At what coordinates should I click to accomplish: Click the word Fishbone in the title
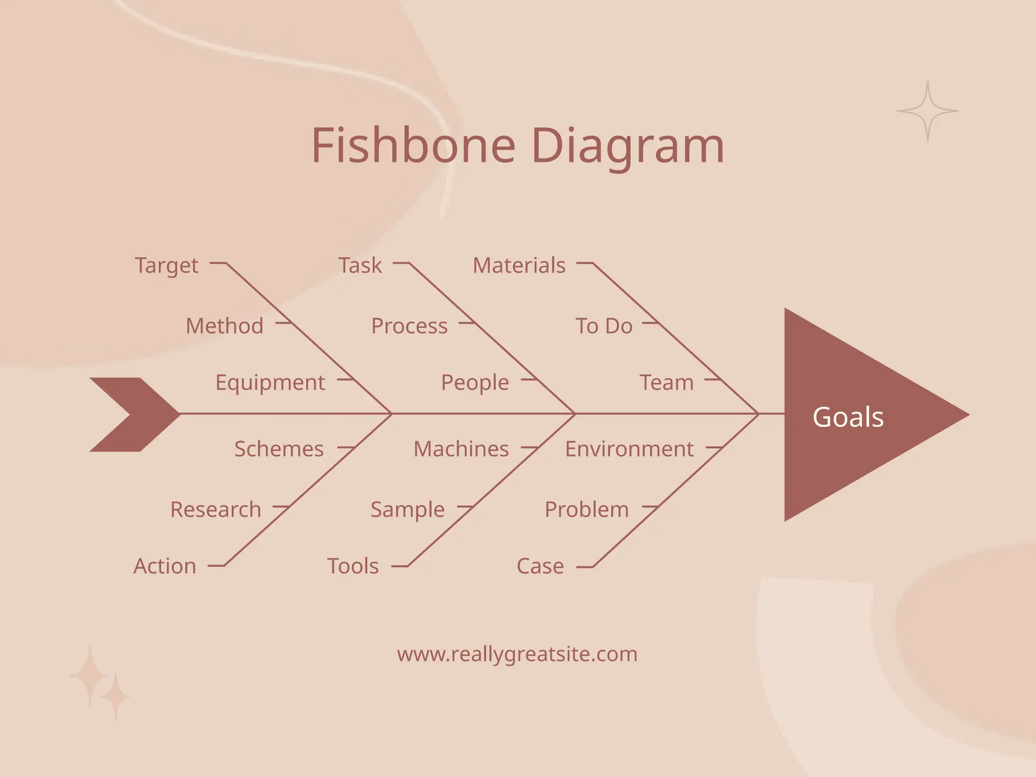coord(413,146)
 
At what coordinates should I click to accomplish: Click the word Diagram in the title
coord(627,147)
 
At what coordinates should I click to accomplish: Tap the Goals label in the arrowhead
coord(848,417)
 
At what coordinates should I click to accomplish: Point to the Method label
coord(225,326)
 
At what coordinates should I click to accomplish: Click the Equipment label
coord(270,383)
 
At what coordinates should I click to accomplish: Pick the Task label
coord(360,266)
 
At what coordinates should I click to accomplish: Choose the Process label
coord(409,326)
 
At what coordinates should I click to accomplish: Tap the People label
coord(475,383)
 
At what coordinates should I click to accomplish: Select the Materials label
coord(519,266)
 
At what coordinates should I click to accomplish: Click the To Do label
coord(604,326)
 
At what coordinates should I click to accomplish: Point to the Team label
coord(667,383)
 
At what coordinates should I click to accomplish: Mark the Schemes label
coord(279,449)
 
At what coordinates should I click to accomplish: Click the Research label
coord(215,509)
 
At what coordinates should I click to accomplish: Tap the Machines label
coord(461,449)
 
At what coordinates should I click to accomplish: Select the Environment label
coord(629,449)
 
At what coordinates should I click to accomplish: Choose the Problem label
coord(587,509)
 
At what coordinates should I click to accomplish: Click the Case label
coord(540,566)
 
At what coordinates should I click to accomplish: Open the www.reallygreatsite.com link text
coord(517,654)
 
